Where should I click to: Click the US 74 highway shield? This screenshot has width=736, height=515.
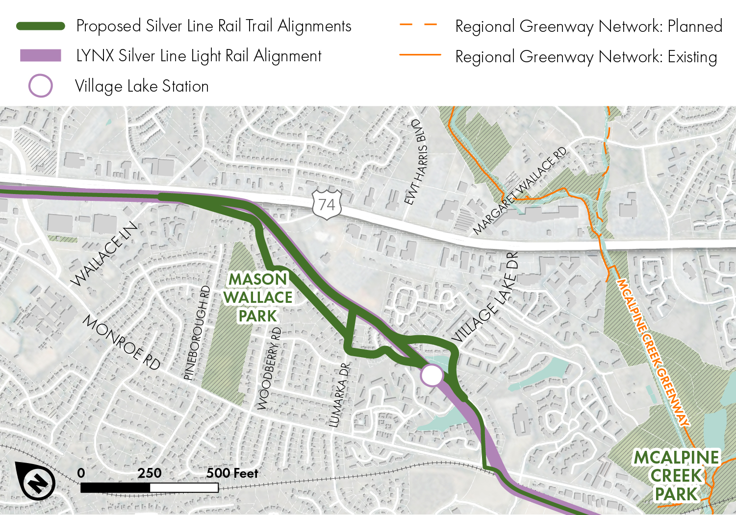[x=327, y=204]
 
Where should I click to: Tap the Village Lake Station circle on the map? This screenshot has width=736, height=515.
[x=432, y=375]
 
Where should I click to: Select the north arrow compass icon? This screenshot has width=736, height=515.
[x=35, y=481]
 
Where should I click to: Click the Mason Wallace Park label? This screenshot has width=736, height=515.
[x=258, y=297]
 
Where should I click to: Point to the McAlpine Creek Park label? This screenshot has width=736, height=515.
[x=676, y=476]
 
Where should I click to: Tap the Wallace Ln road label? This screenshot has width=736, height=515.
[x=104, y=254]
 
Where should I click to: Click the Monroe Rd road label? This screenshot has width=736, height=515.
[x=121, y=342]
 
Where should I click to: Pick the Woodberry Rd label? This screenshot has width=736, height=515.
[x=270, y=368]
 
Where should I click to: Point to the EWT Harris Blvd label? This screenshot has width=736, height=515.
[x=415, y=162]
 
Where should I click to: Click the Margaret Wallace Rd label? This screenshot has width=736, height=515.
[x=519, y=191]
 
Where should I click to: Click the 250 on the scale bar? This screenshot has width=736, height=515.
[x=149, y=473]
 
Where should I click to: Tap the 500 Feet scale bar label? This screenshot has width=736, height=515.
[x=232, y=473]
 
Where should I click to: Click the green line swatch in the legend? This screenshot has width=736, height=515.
[x=41, y=26]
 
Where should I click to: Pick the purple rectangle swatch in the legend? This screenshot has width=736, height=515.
[x=41, y=55]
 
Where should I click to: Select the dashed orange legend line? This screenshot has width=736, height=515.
[x=418, y=25]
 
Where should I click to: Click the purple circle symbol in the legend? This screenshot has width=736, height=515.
[x=41, y=86]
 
